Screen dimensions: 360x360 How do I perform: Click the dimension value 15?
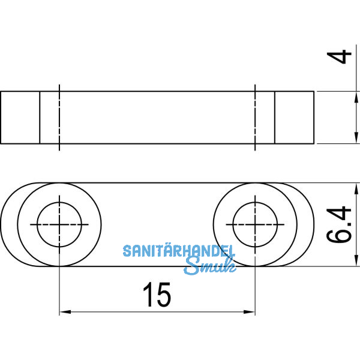(x=157, y=295)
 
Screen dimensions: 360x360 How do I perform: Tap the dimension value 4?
(x=341, y=59)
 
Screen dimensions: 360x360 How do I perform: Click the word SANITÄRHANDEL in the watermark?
(x=179, y=251)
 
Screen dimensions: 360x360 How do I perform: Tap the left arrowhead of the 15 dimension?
(x=64, y=312)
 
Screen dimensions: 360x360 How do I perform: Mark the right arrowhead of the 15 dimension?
(x=251, y=312)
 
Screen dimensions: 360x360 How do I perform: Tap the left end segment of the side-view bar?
(x=20, y=118)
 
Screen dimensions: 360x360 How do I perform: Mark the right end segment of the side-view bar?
(x=294, y=118)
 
